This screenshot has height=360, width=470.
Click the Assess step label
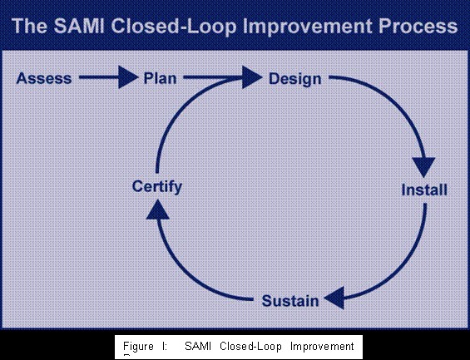click(44, 79)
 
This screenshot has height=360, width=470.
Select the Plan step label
click(160, 79)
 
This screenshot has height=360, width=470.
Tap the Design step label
click(295, 79)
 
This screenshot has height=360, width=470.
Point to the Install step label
click(424, 190)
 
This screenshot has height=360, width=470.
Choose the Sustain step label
click(290, 300)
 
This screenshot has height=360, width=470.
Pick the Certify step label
click(156, 186)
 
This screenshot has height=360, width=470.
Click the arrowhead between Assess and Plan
click(127, 79)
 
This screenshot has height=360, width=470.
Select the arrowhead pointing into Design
click(252, 79)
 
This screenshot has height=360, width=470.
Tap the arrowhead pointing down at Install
click(426, 167)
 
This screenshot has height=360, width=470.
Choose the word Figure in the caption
click(139, 346)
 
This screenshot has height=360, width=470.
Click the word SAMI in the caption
click(200, 346)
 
